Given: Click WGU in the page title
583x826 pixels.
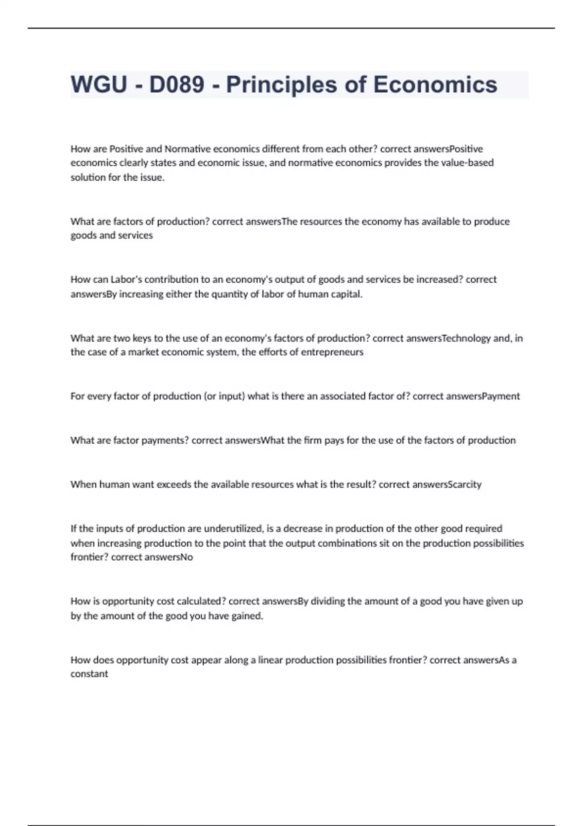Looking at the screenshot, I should [x=99, y=85].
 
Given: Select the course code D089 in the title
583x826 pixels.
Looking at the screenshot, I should [x=176, y=85].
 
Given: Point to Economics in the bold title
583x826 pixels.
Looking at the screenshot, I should [x=435, y=85].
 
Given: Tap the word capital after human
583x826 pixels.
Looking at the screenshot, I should [x=346, y=294].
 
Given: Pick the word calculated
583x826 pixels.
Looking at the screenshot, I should [x=201, y=602].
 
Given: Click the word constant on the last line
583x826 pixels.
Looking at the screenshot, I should [x=89, y=674].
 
